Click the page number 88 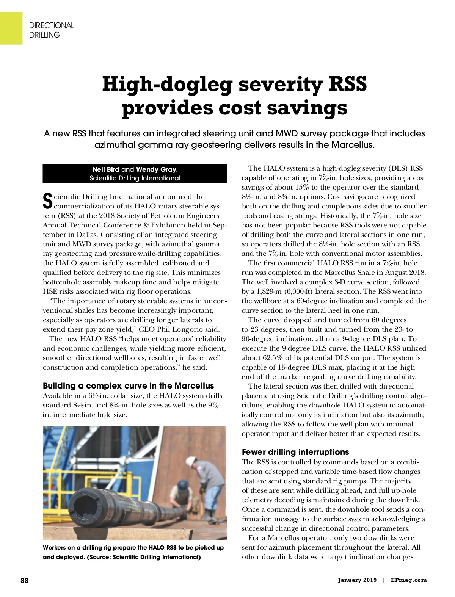[x=24, y=580]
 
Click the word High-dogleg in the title [x=167, y=84]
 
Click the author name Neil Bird [x=106, y=169]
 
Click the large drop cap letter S [x=47, y=201]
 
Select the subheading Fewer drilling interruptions [x=295, y=452]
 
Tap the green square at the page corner [x=11, y=28]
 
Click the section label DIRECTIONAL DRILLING [x=51, y=30]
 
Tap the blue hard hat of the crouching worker [x=183, y=484]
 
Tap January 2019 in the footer [x=358, y=580]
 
